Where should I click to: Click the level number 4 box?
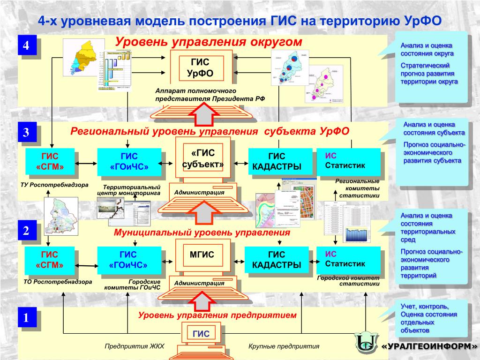click(x=26, y=46)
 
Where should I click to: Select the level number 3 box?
click(x=26, y=133)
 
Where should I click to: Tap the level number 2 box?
click(x=26, y=231)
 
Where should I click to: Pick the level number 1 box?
click(x=26, y=318)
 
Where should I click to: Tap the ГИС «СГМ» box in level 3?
click(x=49, y=162)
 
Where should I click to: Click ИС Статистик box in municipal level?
click(x=348, y=259)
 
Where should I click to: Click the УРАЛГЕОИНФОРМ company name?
click(x=429, y=346)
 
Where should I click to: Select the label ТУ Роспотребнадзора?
click(x=54, y=185)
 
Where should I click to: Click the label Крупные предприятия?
click(x=284, y=346)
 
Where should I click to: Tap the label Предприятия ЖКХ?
click(x=134, y=346)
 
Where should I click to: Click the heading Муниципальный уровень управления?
click(x=202, y=232)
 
